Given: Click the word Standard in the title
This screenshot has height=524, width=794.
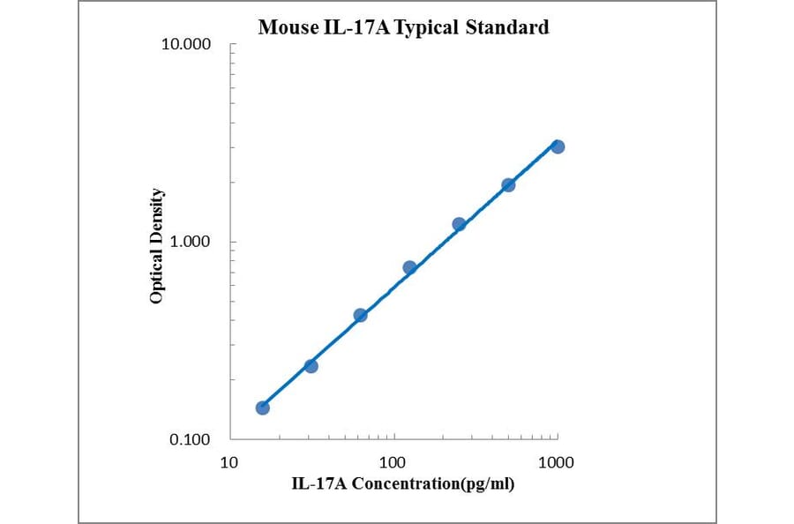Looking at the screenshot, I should pyautogui.click(x=508, y=27).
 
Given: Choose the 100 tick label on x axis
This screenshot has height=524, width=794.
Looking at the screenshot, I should pyautogui.click(x=393, y=461).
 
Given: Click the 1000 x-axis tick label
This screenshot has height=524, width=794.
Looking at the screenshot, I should pyautogui.click(x=557, y=461).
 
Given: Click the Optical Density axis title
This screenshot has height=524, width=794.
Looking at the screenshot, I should pyautogui.click(x=156, y=246).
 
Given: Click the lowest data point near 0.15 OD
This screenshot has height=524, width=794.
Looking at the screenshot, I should pyautogui.click(x=262, y=408).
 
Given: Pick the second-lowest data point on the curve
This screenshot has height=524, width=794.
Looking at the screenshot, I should pyautogui.click(x=311, y=365).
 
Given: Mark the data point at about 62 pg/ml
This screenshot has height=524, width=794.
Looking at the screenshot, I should pyautogui.click(x=360, y=315).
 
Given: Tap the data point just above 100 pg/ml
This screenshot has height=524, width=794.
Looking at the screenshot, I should pyautogui.click(x=409, y=267).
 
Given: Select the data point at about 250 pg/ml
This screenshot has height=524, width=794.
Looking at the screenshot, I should pyautogui.click(x=459, y=224).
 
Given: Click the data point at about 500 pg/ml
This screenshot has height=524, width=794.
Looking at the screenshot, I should pyautogui.click(x=508, y=184).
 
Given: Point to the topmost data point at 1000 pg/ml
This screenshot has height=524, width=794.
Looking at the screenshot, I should pyautogui.click(x=558, y=146).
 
